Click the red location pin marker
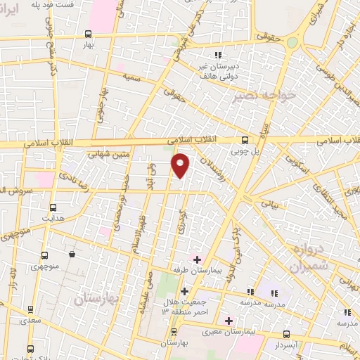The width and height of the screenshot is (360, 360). pyautogui.click(x=181, y=164)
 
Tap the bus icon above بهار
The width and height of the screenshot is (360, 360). pyautogui.click(x=88, y=33)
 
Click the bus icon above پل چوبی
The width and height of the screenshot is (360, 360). pyautogui.click(x=245, y=139)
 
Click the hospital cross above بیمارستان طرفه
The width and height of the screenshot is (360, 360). pyautogui.click(x=198, y=258)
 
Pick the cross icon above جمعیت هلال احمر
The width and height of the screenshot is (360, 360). pyautogui.click(x=184, y=291)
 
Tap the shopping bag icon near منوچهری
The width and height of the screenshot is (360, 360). pyautogui.click(x=72, y=254)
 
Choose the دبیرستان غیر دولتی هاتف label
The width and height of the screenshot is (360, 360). pyautogui.click(x=218, y=65)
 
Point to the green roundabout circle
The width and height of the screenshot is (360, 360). pyautogui.click(x=292, y=43)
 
